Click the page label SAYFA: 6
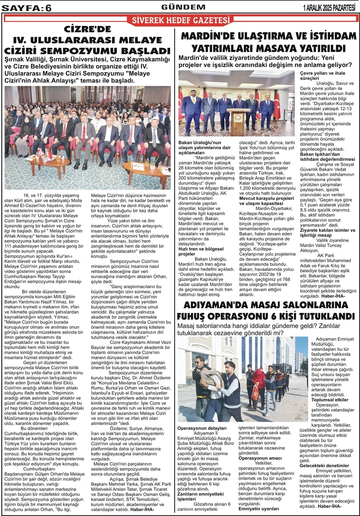[x=27, y=7]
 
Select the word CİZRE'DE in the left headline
[x=87, y=29]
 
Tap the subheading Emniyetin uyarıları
[x=259, y=508]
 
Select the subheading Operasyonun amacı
[x=259, y=458]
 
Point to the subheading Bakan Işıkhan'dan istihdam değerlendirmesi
[x=327, y=156]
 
